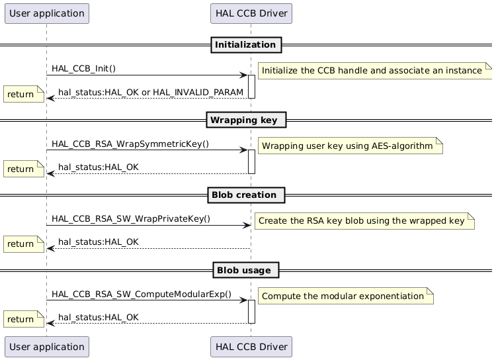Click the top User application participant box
click(x=46, y=13)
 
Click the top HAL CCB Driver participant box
click(x=251, y=13)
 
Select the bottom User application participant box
click(x=46, y=346)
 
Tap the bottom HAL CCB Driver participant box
click(x=251, y=346)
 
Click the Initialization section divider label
click(x=245, y=45)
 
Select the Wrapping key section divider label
click(x=245, y=120)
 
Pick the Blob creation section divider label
click(x=245, y=195)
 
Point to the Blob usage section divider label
click(x=245, y=270)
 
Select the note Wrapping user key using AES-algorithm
click(x=349, y=146)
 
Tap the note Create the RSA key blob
click(x=364, y=221)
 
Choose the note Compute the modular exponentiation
click(x=345, y=296)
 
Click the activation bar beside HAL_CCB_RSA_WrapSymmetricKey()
click(x=251, y=161)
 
